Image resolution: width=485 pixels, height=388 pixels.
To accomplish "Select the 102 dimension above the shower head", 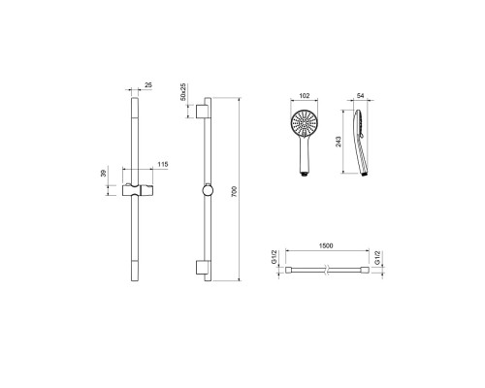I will coord(305,96).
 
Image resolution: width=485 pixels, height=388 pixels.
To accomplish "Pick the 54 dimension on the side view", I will coord(361,96).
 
